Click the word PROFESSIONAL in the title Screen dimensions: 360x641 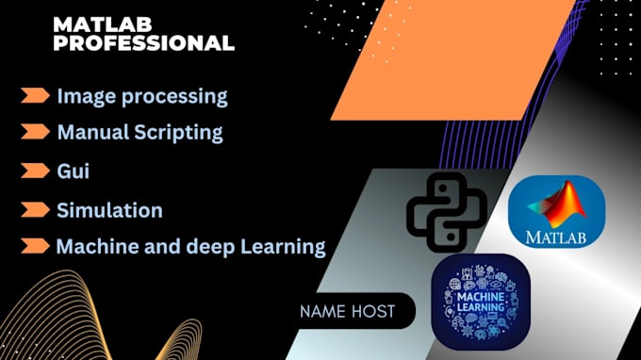coord(144,43)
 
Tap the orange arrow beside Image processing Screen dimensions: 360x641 coord(35,95)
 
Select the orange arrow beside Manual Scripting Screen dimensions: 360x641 coord(35,131)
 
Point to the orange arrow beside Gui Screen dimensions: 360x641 coord(35,171)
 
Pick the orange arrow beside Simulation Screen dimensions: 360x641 coord(35,209)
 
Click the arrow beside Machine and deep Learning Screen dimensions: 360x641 coord(35,247)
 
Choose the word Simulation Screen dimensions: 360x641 coord(109,210)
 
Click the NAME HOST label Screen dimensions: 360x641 coord(347,311)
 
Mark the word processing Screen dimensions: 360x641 coord(182,96)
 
